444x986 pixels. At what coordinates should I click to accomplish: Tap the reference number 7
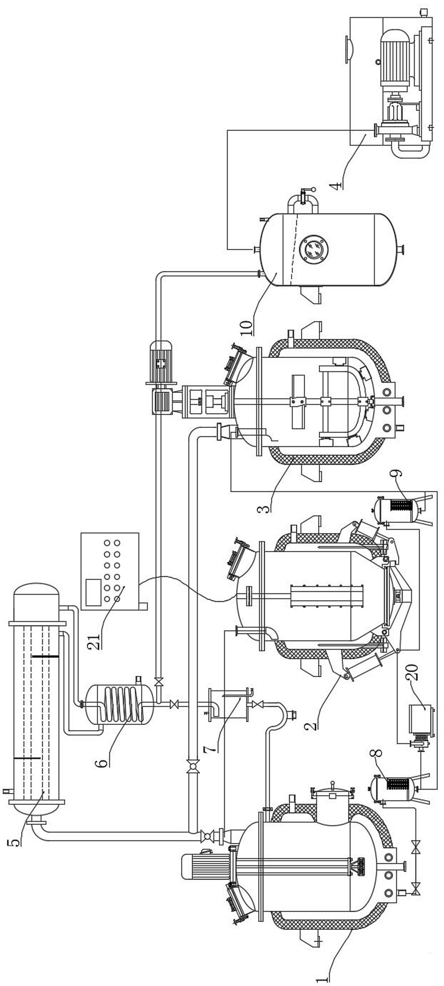[x=211, y=750]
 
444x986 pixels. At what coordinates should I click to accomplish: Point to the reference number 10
[x=246, y=328]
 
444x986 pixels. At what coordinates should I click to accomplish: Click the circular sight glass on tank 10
[x=313, y=250]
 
